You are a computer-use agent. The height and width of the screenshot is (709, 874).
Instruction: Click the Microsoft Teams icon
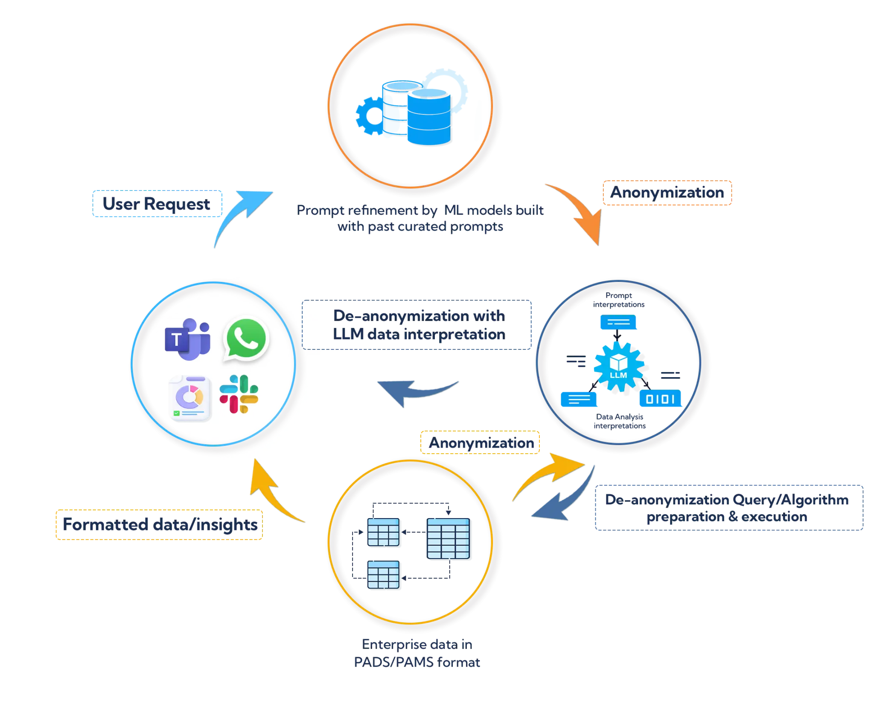pos(187,339)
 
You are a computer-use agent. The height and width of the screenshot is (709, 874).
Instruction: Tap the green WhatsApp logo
pos(246,339)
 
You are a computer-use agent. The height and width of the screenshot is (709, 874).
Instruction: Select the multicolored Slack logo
pos(239,394)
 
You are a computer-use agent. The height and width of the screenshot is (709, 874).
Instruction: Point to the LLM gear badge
pos(618,366)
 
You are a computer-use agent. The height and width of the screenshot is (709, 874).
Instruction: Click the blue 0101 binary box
pos(660,399)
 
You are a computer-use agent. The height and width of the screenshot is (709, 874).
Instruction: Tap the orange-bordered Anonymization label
pos(667,193)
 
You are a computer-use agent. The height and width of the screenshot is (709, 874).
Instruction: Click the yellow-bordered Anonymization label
pos(481,442)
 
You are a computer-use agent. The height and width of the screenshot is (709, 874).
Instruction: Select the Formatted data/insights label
pos(159,525)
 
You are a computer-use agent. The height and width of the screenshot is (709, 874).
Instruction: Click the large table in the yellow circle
pos(448,538)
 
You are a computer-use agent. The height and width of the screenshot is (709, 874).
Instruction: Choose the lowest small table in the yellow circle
pos(383,575)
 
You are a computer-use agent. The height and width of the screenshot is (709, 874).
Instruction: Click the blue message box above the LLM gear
pos(618,322)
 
